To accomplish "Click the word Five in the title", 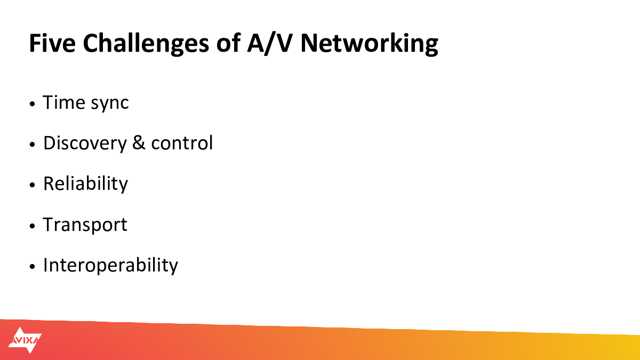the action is (52, 43).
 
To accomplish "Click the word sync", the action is (110, 103).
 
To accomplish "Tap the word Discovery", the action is (85, 143).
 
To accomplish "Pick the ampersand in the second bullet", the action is (139, 142).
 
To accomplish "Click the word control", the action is (182, 142).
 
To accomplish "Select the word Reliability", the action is (85, 183).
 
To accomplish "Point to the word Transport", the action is (85, 225).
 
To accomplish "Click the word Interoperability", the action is (110, 266).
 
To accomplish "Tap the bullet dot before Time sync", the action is (32, 103).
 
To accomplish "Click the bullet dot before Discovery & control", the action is (32, 145).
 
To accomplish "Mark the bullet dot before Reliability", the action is (32, 185).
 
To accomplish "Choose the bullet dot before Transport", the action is (32, 226).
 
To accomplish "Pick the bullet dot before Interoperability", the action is (32, 267).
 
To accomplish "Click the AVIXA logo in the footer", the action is (25, 340).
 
